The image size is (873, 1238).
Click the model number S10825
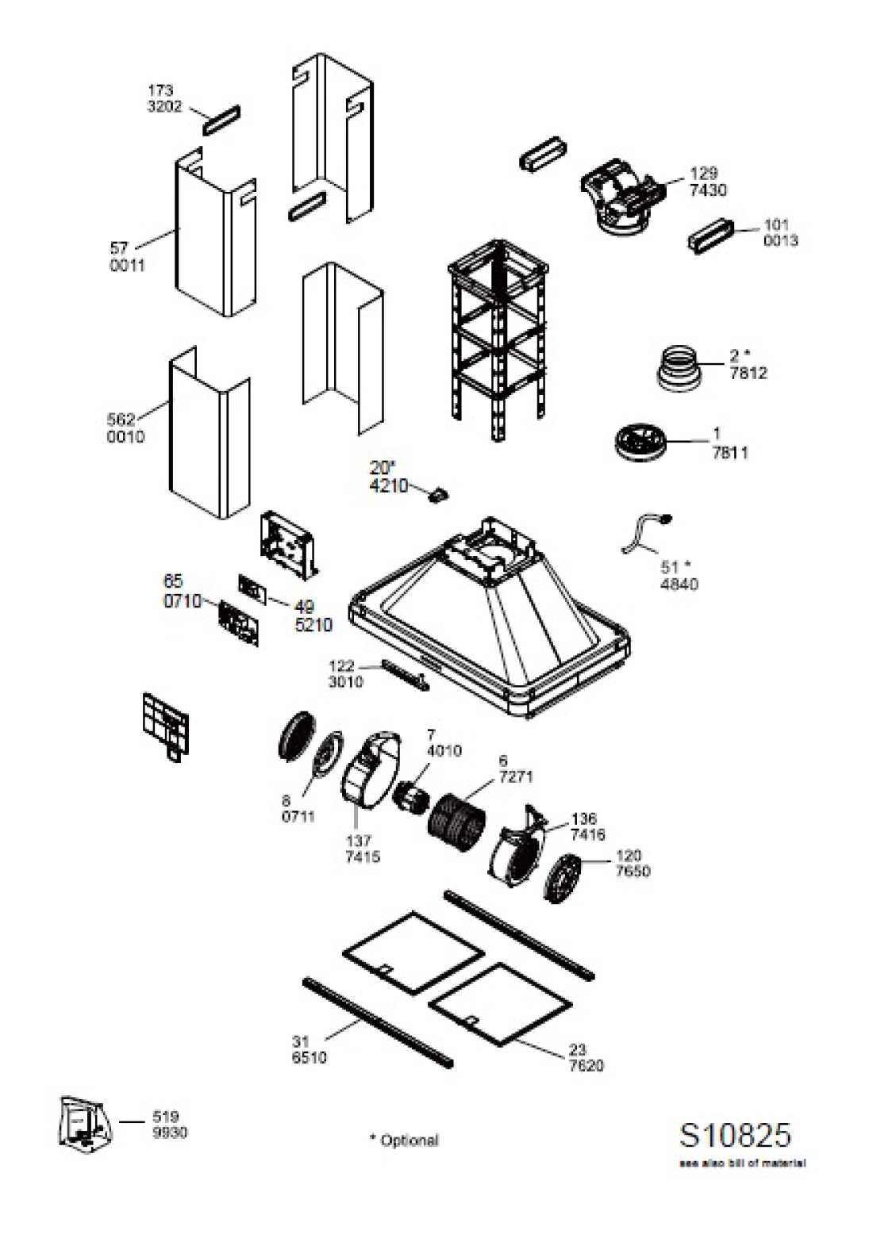pyautogui.click(x=735, y=1135)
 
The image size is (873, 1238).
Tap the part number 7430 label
pyautogui.click(x=708, y=190)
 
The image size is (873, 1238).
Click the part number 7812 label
pyautogui.click(x=748, y=374)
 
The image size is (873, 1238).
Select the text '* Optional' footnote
pyautogui.click(x=404, y=1140)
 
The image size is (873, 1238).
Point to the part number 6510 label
pyautogui.click(x=309, y=1058)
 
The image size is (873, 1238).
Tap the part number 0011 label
pyautogui.click(x=127, y=266)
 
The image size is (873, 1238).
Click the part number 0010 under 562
pyautogui.click(x=126, y=437)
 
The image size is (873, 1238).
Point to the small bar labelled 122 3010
pyautogui.click(x=405, y=673)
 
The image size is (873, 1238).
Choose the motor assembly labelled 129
pyautogui.click(x=623, y=195)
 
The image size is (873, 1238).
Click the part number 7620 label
pyautogui.click(x=586, y=1065)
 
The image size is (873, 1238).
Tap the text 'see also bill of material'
pyautogui.click(x=742, y=1163)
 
